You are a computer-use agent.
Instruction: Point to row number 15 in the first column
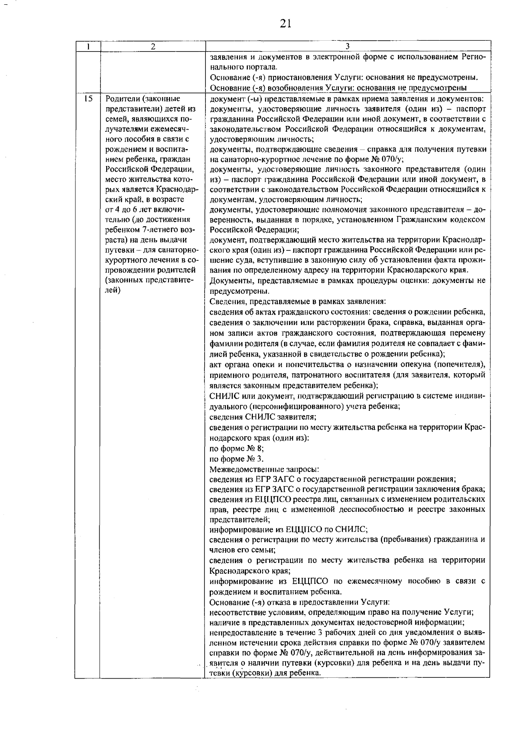(88, 99)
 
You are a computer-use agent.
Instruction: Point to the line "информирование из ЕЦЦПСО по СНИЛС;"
(289, 529)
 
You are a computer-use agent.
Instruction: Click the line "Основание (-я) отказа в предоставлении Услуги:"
(300, 602)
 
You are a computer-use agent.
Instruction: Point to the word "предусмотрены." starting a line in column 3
(239, 291)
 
